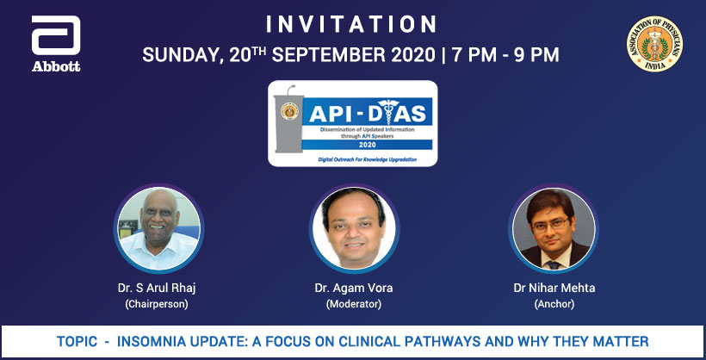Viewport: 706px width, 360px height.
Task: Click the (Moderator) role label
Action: [x=353, y=304]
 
